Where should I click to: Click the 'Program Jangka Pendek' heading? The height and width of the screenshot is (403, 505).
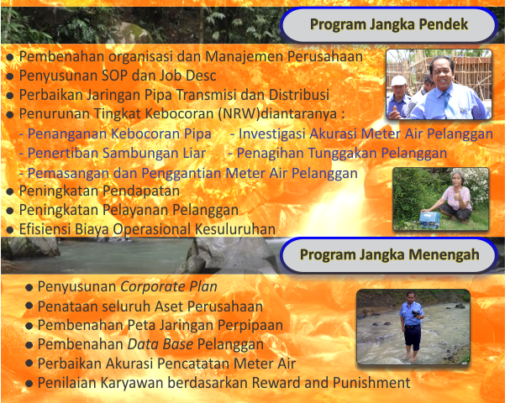[x=389, y=24]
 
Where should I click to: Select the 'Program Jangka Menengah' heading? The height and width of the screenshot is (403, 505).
[x=389, y=254]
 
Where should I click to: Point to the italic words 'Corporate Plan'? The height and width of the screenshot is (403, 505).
[x=169, y=286]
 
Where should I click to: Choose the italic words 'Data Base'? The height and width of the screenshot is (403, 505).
[x=160, y=344]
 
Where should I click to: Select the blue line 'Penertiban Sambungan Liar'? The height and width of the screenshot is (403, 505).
[x=113, y=153]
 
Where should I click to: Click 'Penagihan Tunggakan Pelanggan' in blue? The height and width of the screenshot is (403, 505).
[x=338, y=153]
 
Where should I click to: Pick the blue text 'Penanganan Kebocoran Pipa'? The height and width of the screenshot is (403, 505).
[x=115, y=133]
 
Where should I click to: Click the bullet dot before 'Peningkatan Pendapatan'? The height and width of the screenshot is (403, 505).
[x=10, y=191]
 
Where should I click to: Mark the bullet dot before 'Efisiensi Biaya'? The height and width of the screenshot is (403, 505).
[x=10, y=230]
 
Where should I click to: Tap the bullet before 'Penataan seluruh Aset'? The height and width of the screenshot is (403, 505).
[x=29, y=306]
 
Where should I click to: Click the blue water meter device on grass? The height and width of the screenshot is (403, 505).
[x=429, y=219]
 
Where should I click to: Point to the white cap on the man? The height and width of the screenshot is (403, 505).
[x=398, y=81]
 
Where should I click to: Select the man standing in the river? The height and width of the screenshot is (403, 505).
[x=411, y=326]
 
